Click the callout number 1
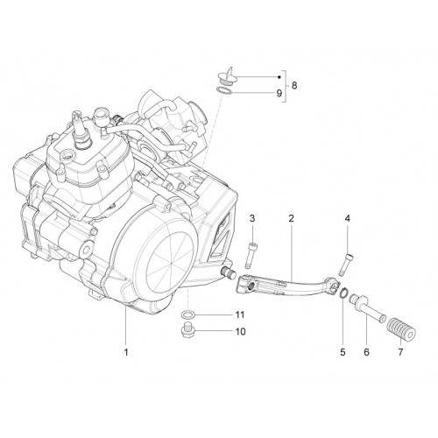click(126, 352)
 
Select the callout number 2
click(291, 218)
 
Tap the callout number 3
click(252, 218)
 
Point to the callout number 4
click(347, 218)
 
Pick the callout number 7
click(400, 352)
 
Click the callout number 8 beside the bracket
click(294, 86)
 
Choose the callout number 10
click(241, 331)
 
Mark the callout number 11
click(240, 314)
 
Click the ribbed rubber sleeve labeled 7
click(401, 329)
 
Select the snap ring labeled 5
click(343, 293)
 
